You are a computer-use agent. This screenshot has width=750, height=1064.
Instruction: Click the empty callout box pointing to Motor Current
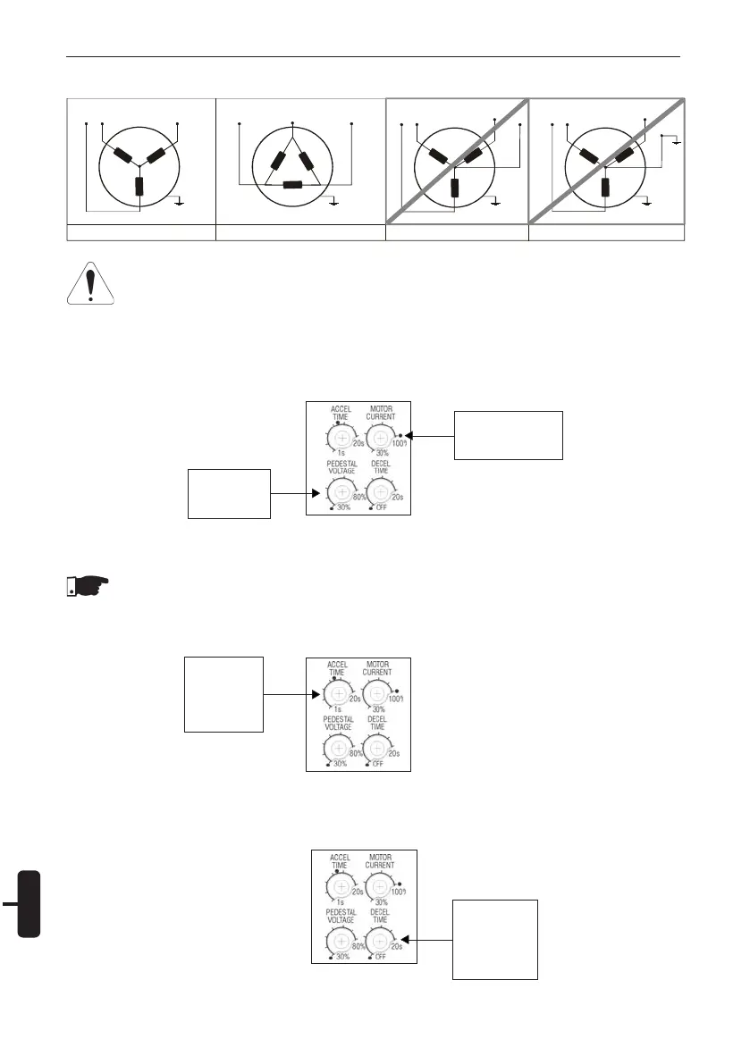pyautogui.click(x=509, y=434)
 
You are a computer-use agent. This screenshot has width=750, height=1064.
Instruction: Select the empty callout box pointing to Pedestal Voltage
pyautogui.click(x=229, y=491)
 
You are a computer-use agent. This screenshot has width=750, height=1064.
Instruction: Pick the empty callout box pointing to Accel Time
pyautogui.click(x=223, y=693)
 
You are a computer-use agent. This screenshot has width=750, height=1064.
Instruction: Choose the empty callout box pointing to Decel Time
pyautogui.click(x=495, y=939)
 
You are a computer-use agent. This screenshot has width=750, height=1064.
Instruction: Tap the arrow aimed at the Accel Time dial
pyautogui.click(x=291, y=693)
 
